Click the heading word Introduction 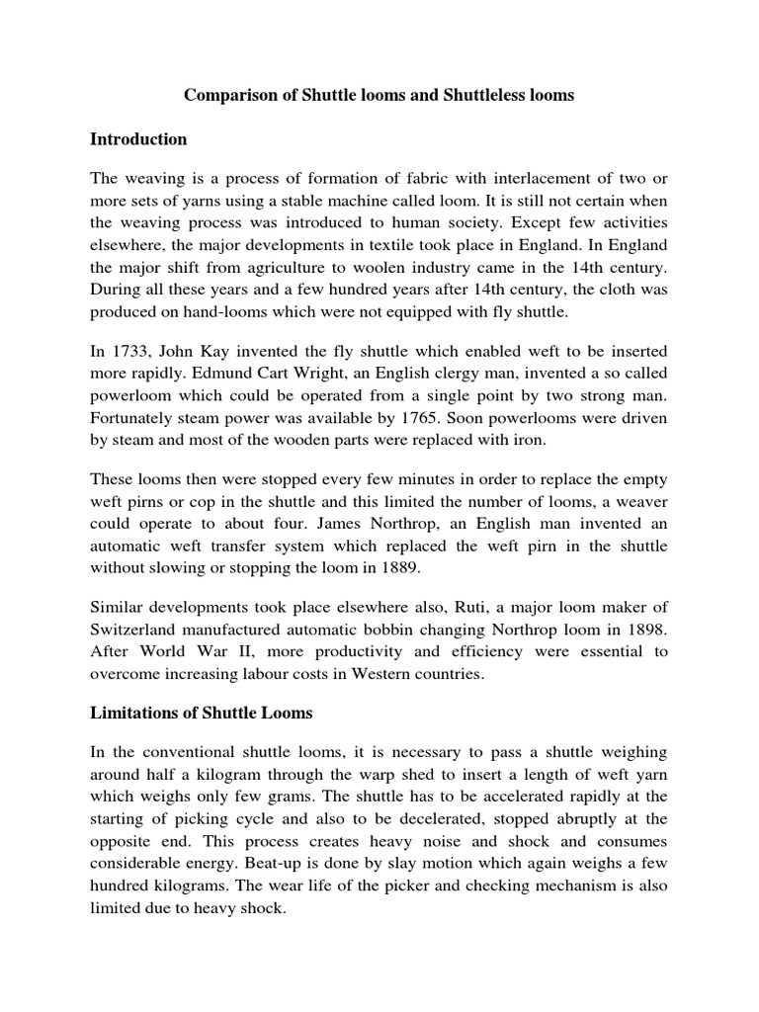pyautogui.click(x=138, y=139)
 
